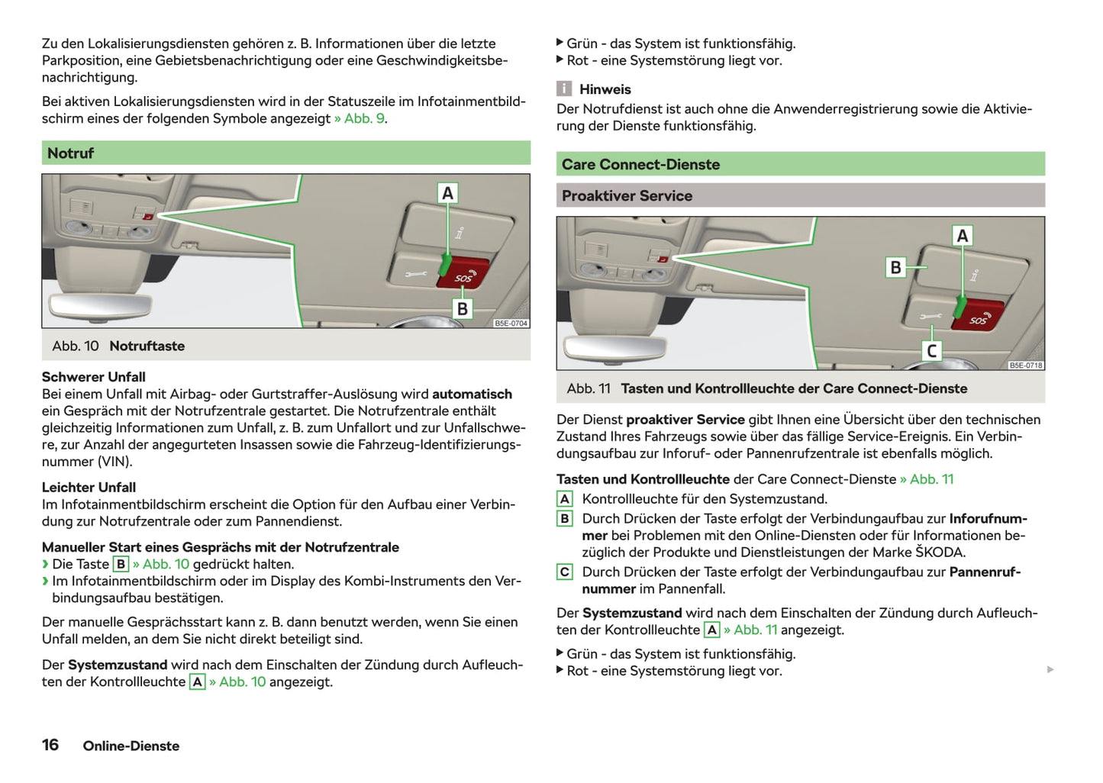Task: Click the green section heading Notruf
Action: pyautogui.click(x=70, y=153)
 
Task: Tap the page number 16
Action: pyautogui.click(x=50, y=745)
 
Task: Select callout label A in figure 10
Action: pyautogui.click(x=447, y=193)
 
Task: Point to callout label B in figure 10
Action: pyautogui.click(x=462, y=309)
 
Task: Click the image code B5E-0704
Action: pyautogui.click(x=511, y=324)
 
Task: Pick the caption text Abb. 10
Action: pyautogui.click(x=76, y=346)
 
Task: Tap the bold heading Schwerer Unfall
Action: pyautogui.click(x=93, y=377)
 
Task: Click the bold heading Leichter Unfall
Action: pyautogui.click(x=89, y=488)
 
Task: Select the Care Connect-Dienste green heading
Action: pyautogui.click(x=640, y=165)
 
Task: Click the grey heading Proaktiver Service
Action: pyautogui.click(x=627, y=196)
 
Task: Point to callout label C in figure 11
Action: pyautogui.click(x=931, y=351)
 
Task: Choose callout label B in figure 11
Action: pyautogui.click(x=895, y=267)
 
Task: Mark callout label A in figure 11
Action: pyautogui.click(x=962, y=236)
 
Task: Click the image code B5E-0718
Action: pyautogui.click(x=1025, y=366)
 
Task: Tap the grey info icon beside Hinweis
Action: pyautogui.click(x=564, y=89)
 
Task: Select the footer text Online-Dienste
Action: pyautogui.click(x=131, y=746)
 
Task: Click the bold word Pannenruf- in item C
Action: pyautogui.click(x=985, y=572)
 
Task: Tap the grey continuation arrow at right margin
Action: pyautogui.click(x=1051, y=670)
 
